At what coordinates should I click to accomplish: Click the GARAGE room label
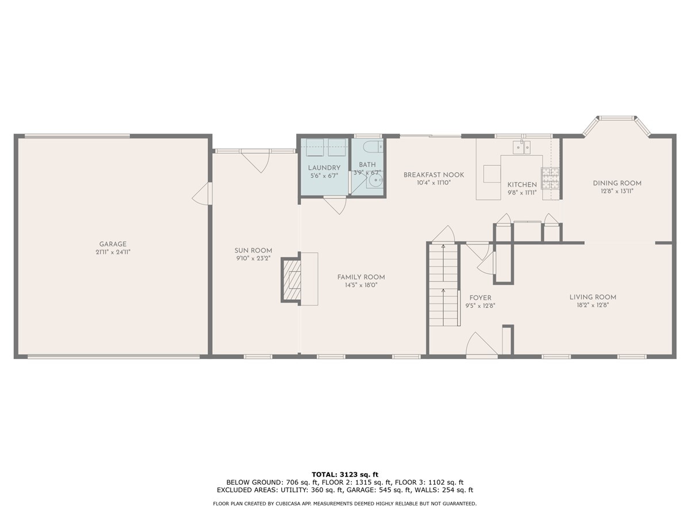click(x=112, y=244)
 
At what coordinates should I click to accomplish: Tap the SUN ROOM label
click(x=253, y=250)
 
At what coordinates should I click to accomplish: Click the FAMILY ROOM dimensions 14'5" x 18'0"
click(x=361, y=285)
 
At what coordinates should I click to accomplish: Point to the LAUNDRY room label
click(x=324, y=167)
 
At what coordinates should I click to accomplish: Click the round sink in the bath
click(x=375, y=182)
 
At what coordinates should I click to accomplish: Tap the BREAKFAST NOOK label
click(x=434, y=175)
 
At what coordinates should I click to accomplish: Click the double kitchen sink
click(x=523, y=147)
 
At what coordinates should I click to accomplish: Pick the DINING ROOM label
click(x=617, y=183)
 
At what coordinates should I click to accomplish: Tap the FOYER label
click(x=480, y=298)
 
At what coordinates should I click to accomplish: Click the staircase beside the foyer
click(x=443, y=285)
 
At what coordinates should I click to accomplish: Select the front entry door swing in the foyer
click(x=481, y=345)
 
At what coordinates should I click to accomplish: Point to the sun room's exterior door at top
click(x=255, y=160)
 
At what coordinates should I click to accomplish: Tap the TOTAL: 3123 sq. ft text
click(x=345, y=474)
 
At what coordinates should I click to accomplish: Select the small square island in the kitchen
click(x=492, y=173)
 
